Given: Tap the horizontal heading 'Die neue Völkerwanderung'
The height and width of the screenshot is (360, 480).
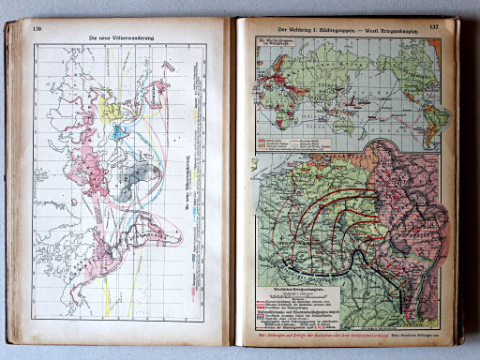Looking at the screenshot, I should [122, 38].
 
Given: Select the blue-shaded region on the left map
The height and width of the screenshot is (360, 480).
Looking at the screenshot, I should [119, 132].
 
